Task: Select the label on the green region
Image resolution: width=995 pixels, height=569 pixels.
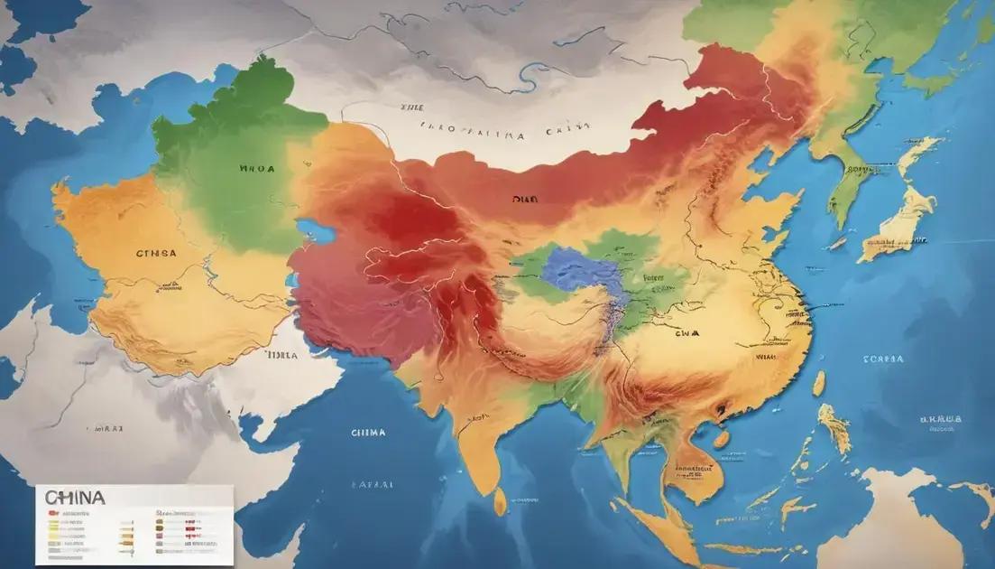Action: point(257,168)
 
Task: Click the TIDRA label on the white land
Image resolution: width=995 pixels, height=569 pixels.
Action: point(281,356)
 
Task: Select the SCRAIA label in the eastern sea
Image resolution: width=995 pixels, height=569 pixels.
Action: point(883,359)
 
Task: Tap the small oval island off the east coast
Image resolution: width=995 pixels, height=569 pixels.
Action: point(819,384)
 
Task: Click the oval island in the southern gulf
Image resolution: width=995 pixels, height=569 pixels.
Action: point(721,440)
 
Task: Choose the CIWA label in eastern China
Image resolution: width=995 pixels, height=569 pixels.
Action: point(686,332)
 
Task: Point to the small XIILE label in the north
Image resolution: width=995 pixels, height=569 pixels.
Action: point(412,106)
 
